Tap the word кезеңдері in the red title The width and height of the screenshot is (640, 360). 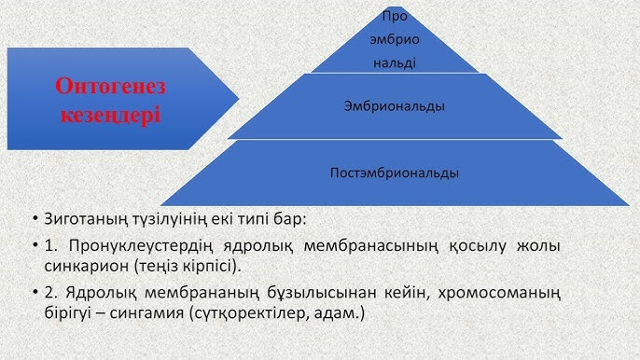click(110, 116)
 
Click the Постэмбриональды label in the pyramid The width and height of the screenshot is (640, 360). click(395, 173)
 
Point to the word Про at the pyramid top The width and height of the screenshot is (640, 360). click(395, 18)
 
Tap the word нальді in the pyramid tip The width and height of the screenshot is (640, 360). click(395, 62)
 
